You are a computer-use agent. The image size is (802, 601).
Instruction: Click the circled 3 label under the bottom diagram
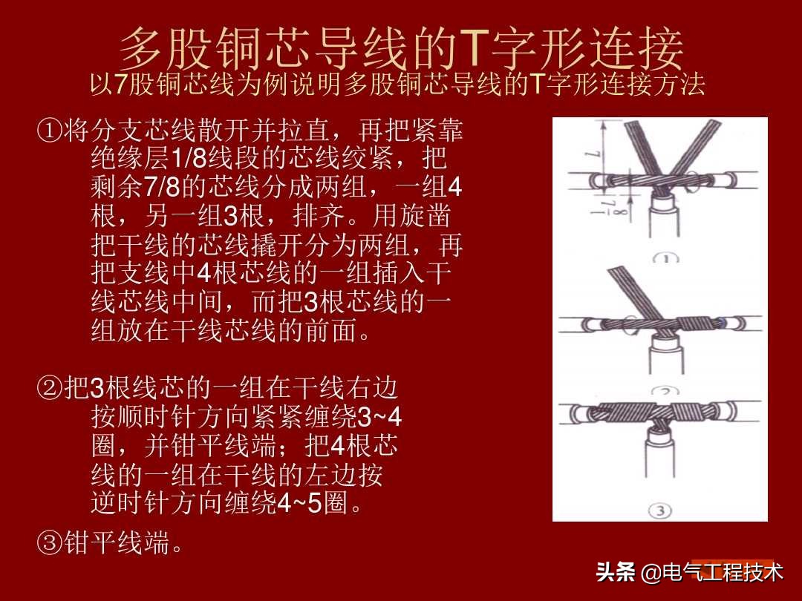click(660, 510)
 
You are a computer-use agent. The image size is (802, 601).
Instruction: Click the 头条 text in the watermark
click(616, 572)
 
